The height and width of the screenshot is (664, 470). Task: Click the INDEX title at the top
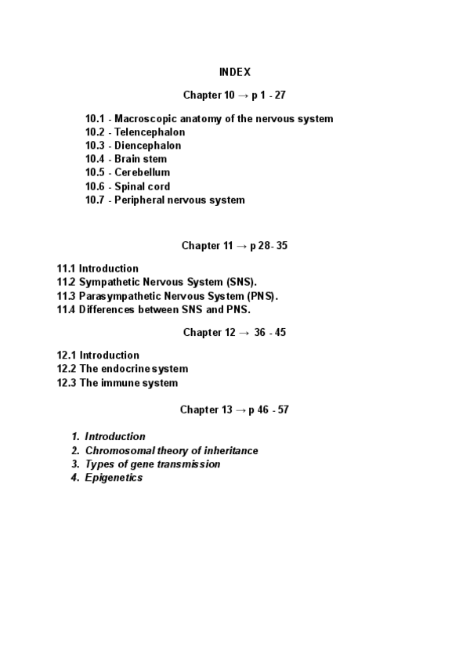[x=235, y=72]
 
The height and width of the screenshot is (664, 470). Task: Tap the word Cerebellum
[x=143, y=172]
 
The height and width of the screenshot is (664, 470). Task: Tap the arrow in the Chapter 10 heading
[x=232, y=96]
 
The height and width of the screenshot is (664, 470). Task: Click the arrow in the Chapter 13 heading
[x=229, y=410]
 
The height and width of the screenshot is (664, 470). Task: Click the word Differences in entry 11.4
[x=109, y=309]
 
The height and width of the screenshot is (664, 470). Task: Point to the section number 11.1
[x=66, y=269]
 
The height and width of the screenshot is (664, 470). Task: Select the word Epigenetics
[x=114, y=478]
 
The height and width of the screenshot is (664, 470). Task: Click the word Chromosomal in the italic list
[x=117, y=450]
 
